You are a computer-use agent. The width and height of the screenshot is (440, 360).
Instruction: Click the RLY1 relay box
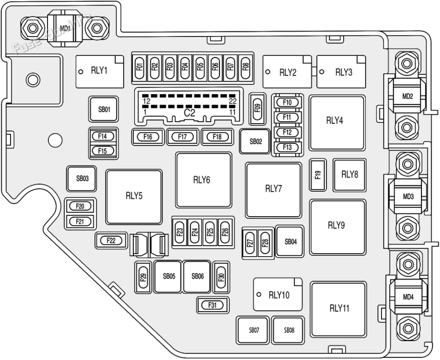pos(100,71)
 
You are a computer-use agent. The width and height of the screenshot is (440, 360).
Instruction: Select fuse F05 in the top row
pos(200,66)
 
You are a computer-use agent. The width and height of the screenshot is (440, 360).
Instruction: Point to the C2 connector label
pos(190,112)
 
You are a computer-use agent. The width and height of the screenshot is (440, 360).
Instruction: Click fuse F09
pos(257,108)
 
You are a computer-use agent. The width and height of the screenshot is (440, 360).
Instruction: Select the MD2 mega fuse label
pos(407,97)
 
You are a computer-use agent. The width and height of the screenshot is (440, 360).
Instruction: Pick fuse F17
pos(182,136)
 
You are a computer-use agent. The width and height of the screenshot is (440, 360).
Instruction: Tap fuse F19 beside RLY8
pos(318,175)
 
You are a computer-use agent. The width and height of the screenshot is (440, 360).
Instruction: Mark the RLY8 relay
pos(350,175)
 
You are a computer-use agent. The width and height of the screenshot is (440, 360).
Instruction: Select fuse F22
pos(111,240)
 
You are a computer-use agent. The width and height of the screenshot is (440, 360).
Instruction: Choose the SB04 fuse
pos(290,242)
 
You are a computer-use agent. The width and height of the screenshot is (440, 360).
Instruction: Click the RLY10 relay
pos(278,295)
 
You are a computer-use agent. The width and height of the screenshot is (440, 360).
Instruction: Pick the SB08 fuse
pos(289,330)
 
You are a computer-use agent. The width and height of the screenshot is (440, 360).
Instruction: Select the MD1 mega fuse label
pos(64,28)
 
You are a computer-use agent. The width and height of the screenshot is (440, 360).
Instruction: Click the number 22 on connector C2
pos(232,101)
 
